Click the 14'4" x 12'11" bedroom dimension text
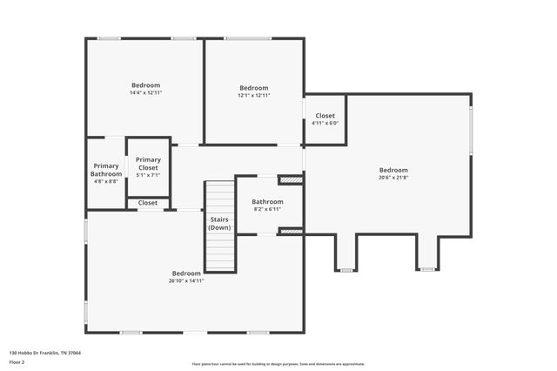[145, 92]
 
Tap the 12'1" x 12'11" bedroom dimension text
[254, 94]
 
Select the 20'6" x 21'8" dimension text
[393, 177]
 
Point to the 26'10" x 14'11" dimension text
[186, 280]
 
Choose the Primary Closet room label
[148, 164]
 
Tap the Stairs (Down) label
[219, 223]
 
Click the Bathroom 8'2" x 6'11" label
[267, 206]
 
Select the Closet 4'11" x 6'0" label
[325, 119]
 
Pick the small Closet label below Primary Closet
[148, 203]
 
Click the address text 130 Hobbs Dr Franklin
[45, 353]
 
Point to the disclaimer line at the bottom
[278, 364]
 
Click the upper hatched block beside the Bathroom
[291, 180]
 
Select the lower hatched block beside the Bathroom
[291, 231]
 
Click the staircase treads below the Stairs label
[220, 253]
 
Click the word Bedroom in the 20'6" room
[393, 170]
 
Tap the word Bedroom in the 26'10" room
[186, 273]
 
